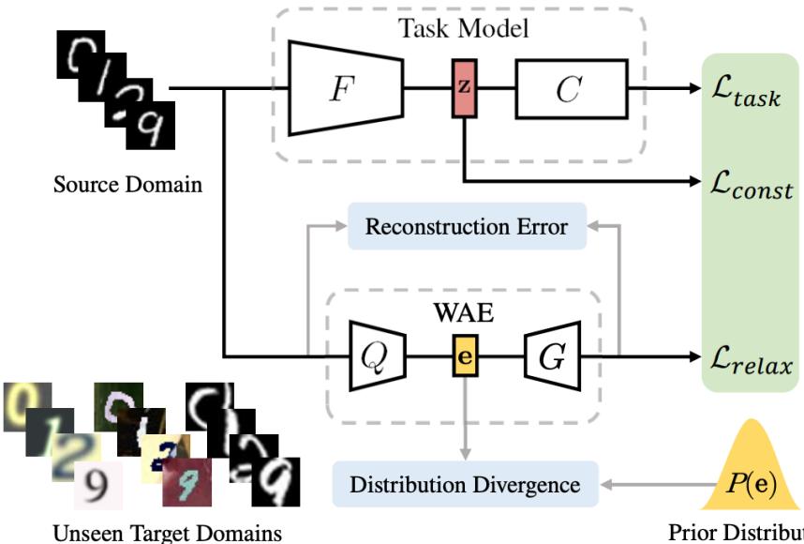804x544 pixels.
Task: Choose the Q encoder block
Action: (x=370, y=356)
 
